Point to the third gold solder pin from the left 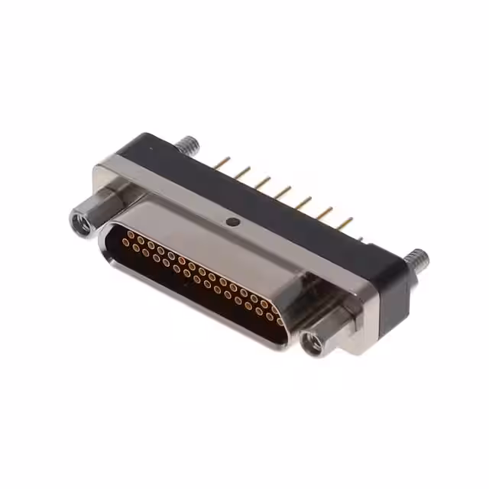coord(262,183)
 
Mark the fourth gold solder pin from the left coord(283,193)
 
